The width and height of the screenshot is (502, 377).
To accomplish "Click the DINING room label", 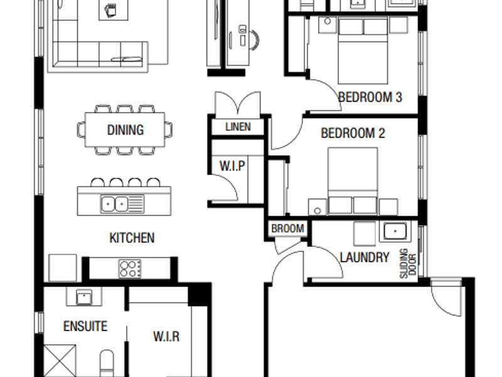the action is coord(125,130).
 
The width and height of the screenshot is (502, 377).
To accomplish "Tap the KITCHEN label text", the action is coord(132,238).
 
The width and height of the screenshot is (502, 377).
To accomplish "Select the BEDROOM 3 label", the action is coord(370,97).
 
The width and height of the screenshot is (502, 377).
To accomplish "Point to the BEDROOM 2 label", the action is coord(353,133).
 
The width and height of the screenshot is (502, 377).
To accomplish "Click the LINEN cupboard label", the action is coord(238,127).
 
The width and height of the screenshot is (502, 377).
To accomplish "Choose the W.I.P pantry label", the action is coord(232,166).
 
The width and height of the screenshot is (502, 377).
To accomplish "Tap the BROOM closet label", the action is coord(287,229).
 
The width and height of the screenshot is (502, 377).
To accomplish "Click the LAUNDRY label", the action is coord(365,257).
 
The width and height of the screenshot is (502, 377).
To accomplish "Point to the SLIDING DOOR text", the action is coord(408,263).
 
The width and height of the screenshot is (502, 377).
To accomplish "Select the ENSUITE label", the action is coord(85,326).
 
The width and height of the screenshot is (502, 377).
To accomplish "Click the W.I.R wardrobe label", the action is coord(166,337).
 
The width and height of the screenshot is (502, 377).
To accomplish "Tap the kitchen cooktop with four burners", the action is coord(130,269).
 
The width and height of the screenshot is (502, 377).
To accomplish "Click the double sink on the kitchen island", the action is coord(122,204).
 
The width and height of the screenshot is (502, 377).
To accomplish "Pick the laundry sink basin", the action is coord(395,231).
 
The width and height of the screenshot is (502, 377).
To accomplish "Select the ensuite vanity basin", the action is coord(84,297).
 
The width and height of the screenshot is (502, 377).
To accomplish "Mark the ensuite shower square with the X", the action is coord(60,361).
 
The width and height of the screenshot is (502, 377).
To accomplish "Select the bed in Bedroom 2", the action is coord(353,180).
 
